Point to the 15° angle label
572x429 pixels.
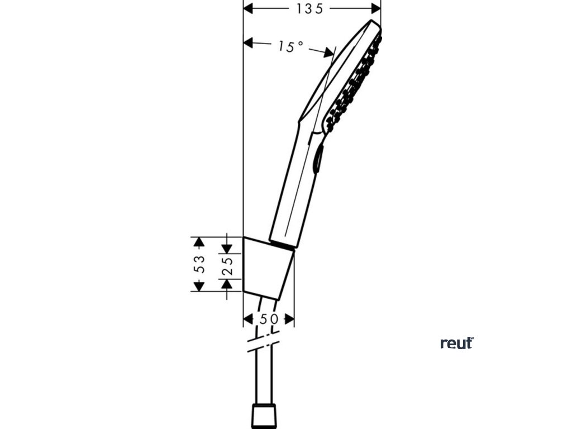290,47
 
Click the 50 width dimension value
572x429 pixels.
269,319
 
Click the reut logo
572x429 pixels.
456,343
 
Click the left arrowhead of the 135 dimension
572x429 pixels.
249,8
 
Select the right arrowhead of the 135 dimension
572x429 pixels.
376,8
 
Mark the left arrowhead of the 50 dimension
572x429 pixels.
248,319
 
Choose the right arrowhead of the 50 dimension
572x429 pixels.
289,319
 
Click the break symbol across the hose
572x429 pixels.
262,342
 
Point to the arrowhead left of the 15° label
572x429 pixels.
249,42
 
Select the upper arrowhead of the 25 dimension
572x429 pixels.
226,247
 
